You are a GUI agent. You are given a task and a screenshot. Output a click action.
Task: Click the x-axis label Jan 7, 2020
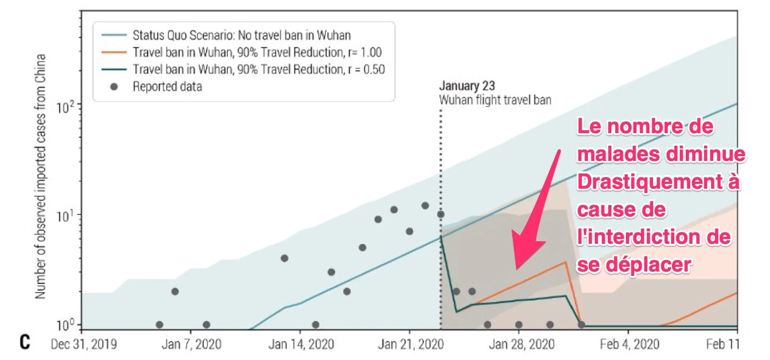191,344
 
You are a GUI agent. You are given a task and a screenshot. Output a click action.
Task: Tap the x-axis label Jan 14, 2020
301,344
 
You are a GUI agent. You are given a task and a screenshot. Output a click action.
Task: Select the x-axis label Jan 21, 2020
411,344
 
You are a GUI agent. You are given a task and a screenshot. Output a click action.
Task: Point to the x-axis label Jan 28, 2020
522,344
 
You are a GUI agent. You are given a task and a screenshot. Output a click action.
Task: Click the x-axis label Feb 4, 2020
629,344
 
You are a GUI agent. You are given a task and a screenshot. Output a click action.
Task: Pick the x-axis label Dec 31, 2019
84,344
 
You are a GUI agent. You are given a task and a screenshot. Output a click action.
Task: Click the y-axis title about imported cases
40,176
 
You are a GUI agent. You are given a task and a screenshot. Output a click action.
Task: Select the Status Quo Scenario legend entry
241,35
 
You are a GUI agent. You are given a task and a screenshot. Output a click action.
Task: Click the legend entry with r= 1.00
257,52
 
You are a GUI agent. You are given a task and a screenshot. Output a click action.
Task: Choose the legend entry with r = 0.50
259,69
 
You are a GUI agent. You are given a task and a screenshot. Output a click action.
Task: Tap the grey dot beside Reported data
114,87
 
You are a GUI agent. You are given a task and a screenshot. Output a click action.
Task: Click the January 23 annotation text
467,86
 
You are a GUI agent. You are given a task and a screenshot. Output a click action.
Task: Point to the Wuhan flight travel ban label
495,100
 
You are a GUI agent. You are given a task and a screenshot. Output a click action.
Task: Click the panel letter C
25,342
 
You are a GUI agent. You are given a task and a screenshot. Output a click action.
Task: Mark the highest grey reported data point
425,206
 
